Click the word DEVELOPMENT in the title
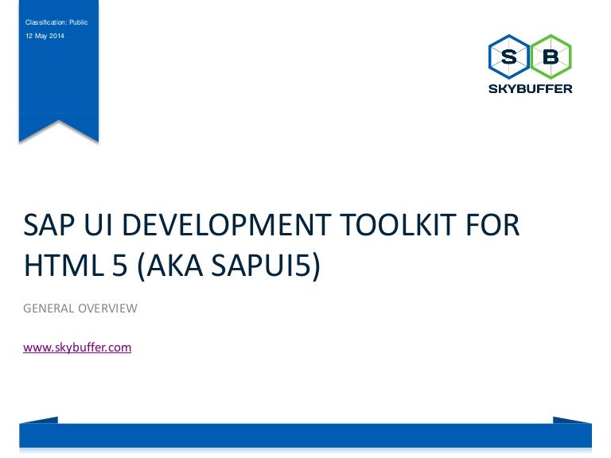coord(227,225)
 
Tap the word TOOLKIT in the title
coord(398,225)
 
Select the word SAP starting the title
coord(49,225)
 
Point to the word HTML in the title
coord(64,266)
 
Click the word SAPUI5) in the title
coord(266,266)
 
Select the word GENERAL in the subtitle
coord(49,309)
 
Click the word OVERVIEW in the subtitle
coord(107,309)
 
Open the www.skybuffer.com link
coord(77,347)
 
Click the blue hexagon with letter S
coord(509,57)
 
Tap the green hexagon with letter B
coord(551,57)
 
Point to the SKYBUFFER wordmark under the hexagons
coord(531,89)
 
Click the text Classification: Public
coord(56,22)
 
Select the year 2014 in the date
coord(56,36)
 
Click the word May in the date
coord(41,37)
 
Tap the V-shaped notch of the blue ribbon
coord(59,121)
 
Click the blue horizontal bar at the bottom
coord(305,436)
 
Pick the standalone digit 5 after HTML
coord(120,266)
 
